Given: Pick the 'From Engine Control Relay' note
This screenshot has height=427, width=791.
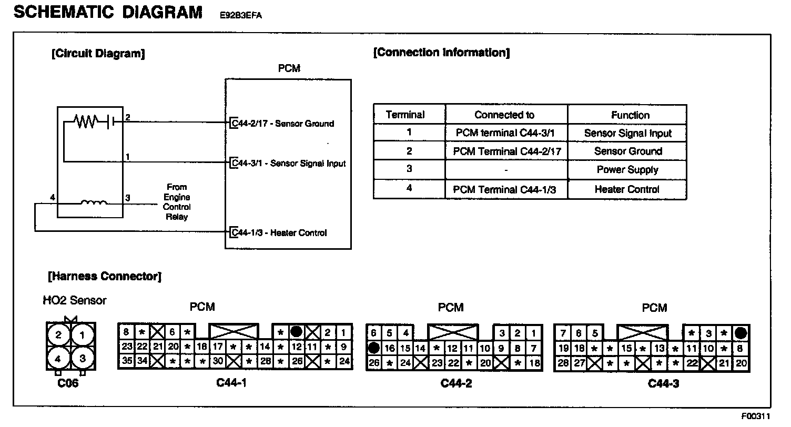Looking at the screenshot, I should pos(177,202).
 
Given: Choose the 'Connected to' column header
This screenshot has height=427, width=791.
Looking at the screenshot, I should pos(504,115).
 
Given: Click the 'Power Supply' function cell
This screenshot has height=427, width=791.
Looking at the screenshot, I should pos(627,170).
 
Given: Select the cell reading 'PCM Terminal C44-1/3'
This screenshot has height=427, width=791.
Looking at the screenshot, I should pos(504,189).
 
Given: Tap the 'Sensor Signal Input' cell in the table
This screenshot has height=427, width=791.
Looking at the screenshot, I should pos(627,134).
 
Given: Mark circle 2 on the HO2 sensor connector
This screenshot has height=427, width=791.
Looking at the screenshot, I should pos(58,335).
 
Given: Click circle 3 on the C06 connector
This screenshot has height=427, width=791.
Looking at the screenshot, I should pos(83,359).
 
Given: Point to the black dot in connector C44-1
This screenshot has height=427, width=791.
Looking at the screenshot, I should pos(297,332).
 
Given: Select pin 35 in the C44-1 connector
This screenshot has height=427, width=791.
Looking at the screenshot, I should pos(126,361).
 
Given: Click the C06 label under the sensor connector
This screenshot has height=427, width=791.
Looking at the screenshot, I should pos(68,383).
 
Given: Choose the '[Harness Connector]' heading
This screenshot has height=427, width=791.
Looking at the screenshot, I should pos(104,276).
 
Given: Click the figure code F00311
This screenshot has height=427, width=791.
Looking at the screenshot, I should pos(756,416).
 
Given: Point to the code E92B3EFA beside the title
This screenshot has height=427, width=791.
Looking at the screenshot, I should pos(241,15).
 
